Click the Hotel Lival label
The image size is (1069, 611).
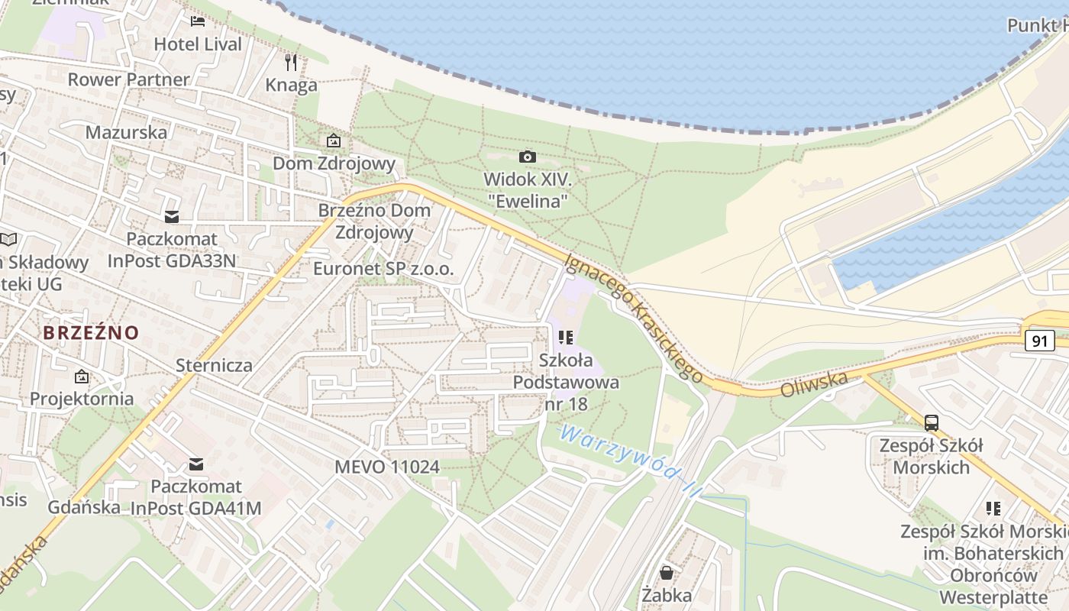tap(198, 44)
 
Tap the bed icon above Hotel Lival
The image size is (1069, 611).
tap(198, 21)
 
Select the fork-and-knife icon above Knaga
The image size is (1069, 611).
tap(291, 61)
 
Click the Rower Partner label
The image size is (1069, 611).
tap(128, 79)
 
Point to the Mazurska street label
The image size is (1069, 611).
tap(126, 132)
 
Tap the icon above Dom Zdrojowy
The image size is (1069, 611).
tap(334, 141)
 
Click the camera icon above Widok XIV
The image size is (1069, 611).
tap(527, 157)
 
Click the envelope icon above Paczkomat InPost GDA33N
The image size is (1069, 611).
tap(172, 217)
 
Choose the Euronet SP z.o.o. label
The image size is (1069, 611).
tap(383, 269)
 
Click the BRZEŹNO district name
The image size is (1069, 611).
tap(91, 333)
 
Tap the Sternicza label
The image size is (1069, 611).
tap(214, 364)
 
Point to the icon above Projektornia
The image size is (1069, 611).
tap(81, 376)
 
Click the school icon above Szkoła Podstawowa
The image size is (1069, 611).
tap(566, 337)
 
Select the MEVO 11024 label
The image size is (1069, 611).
tap(387, 466)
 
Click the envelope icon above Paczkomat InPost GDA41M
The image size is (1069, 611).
tap(196, 464)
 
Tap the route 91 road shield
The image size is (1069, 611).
tap(1040, 341)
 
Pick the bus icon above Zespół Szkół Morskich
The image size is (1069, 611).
tap(931, 422)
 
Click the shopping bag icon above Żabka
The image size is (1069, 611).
tap(667, 572)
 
